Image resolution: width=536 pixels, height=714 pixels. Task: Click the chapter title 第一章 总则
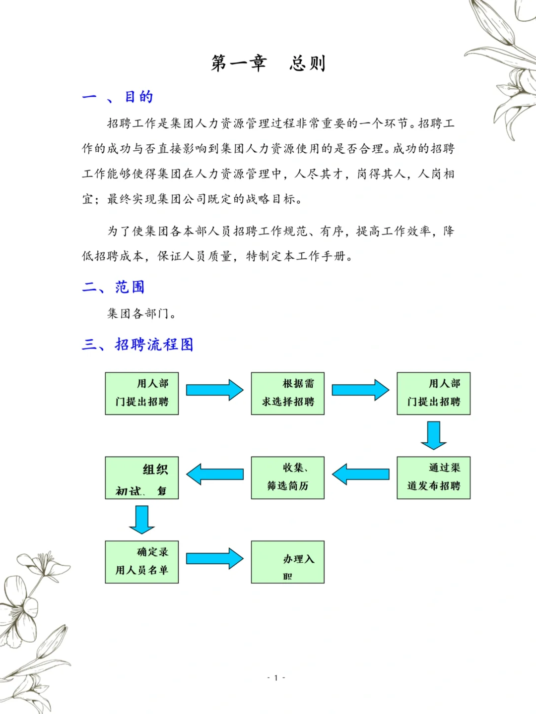tap(268, 63)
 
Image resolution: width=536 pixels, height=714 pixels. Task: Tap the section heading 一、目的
tap(118, 97)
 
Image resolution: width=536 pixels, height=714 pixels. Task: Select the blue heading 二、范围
tap(113, 287)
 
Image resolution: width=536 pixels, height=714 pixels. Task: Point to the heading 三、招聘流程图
tap(137, 344)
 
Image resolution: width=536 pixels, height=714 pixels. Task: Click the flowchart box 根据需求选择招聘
tap(288, 393)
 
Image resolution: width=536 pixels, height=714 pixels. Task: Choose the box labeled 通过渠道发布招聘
tap(433, 477)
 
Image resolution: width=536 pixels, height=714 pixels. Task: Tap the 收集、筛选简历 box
tap(288, 477)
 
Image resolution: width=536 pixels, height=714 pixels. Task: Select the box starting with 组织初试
tap(142, 477)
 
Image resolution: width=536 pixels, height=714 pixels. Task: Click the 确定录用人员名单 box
tap(142, 562)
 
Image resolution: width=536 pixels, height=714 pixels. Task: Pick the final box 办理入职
tap(288, 562)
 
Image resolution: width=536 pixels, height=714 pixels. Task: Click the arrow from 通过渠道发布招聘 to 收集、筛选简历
tap(360, 475)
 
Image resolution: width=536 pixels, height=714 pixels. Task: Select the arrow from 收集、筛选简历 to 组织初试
tap(214, 475)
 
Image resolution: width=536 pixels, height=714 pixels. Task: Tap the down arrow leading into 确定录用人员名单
tap(142, 519)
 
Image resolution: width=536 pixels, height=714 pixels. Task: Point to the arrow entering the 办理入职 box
tap(214, 558)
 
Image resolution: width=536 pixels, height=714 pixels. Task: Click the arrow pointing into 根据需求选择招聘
tap(214, 390)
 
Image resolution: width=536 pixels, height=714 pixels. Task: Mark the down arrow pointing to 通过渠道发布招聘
tap(433, 435)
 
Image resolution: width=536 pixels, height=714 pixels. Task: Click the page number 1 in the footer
tap(276, 678)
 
